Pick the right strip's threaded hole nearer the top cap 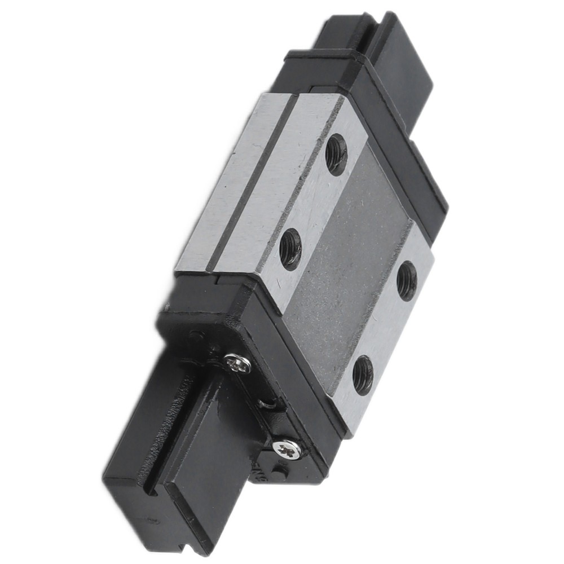point(407,281)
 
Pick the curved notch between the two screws point(265,405)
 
